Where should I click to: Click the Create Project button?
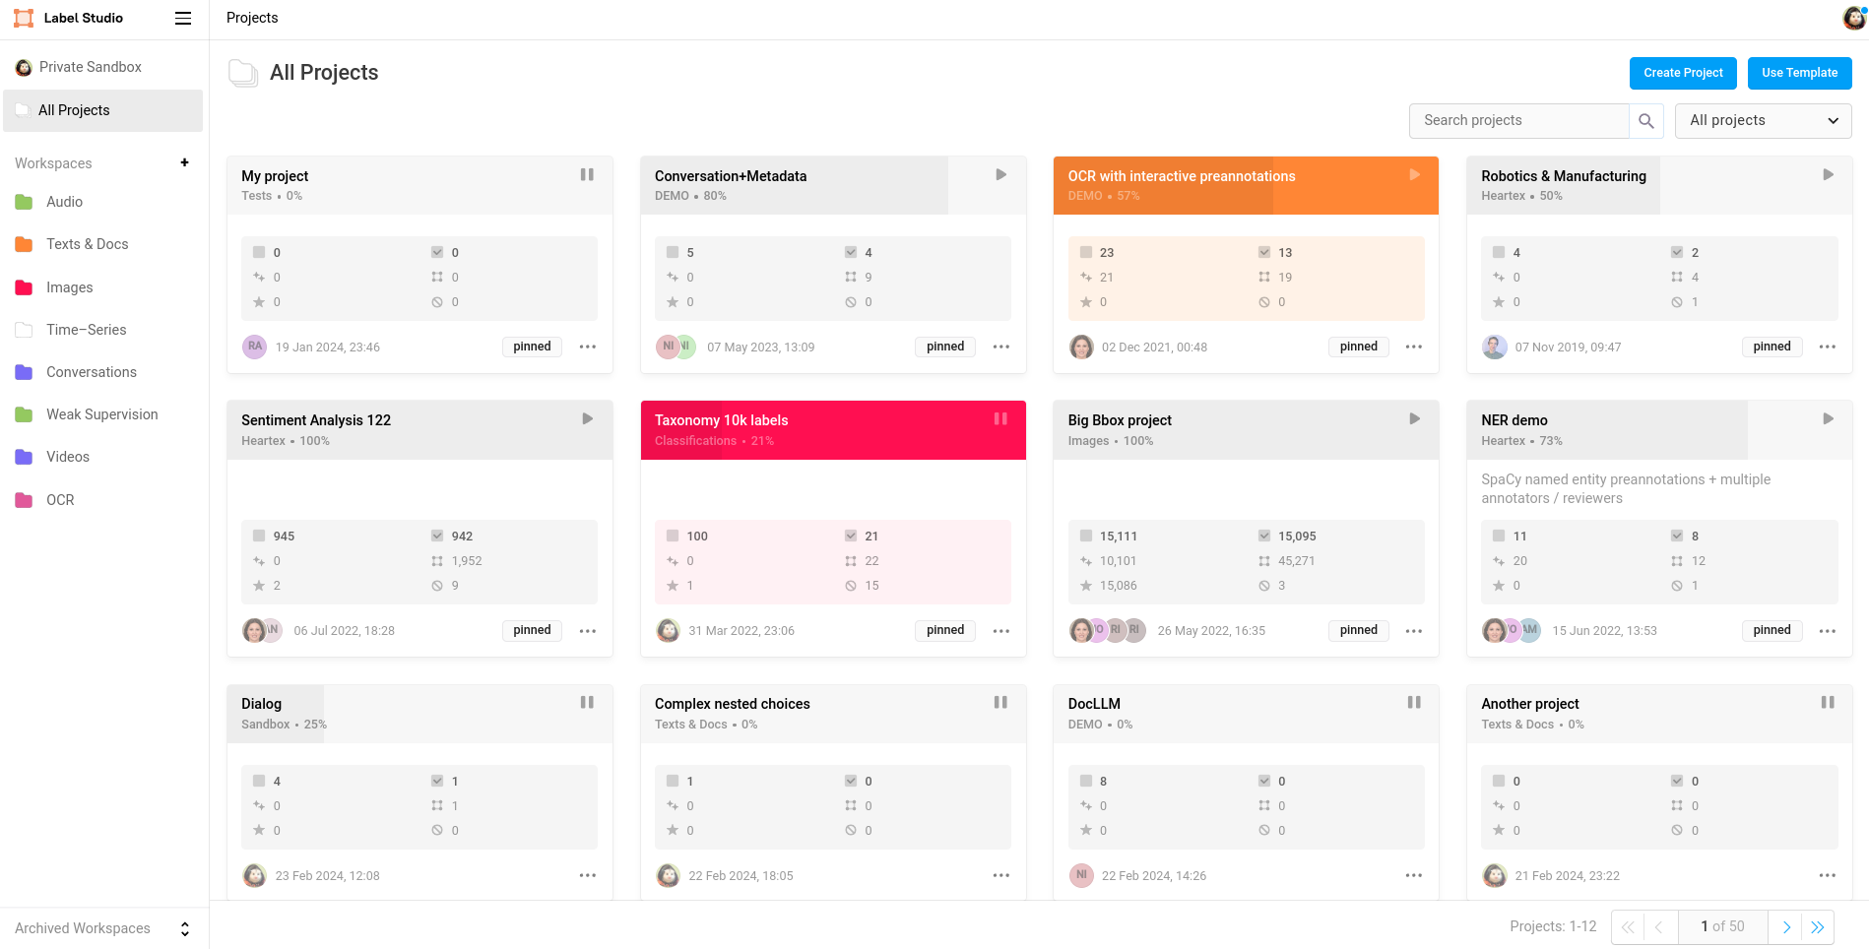[x=1682, y=73]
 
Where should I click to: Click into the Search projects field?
[x=1518, y=120]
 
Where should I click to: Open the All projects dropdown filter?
[x=1762, y=120]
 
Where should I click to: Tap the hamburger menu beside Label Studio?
[x=183, y=18]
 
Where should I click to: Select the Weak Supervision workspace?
[x=101, y=414]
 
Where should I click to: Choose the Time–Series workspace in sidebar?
[x=86, y=330]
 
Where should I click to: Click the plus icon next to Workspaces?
[x=184, y=162]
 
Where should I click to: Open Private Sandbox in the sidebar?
[x=90, y=67]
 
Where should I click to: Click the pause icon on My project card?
[x=587, y=174]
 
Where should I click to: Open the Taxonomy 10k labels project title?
[x=721, y=420]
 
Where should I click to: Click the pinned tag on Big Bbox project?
[x=1358, y=630]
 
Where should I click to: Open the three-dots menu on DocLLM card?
[x=1414, y=875]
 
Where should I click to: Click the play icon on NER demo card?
[x=1828, y=418]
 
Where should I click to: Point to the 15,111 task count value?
[x=1118, y=537]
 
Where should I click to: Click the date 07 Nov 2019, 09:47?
[x=1568, y=348]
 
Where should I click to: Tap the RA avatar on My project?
[x=255, y=347]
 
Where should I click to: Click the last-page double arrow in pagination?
[x=1818, y=927]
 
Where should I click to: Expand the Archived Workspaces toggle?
[x=184, y=928]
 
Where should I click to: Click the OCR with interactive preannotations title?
[x=1181, y=176]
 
